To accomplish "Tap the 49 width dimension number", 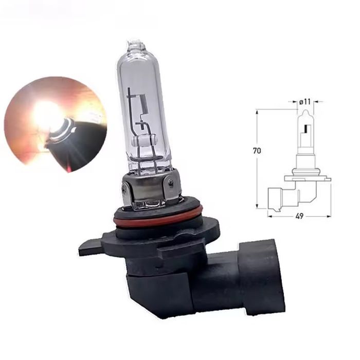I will [x=299, y=216].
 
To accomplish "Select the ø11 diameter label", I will [x=305, y=102].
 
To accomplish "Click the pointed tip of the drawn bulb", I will [x=305, y=111].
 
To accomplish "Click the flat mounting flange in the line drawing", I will [x=307, y=178].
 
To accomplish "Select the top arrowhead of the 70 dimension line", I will [x=257, y=111].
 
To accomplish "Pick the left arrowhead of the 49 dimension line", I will [x=269, y=216].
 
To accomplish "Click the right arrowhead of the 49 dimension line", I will [x=329, y=216].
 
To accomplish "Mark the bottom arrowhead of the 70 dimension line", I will [x=257, y=207].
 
